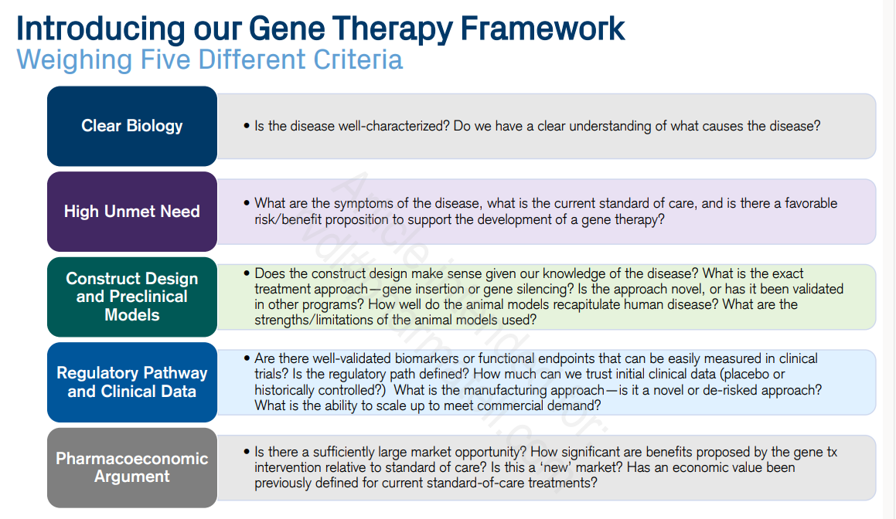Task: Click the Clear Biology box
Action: coord(132,126)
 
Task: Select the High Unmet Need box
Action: coord(132,211)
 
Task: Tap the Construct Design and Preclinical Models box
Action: coord(132,297)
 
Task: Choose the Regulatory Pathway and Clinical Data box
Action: coord(132,382)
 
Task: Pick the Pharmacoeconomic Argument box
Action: coord(132,467)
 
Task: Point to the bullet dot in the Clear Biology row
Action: coord(246,126)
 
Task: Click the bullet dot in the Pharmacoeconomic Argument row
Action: coord(246,452)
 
